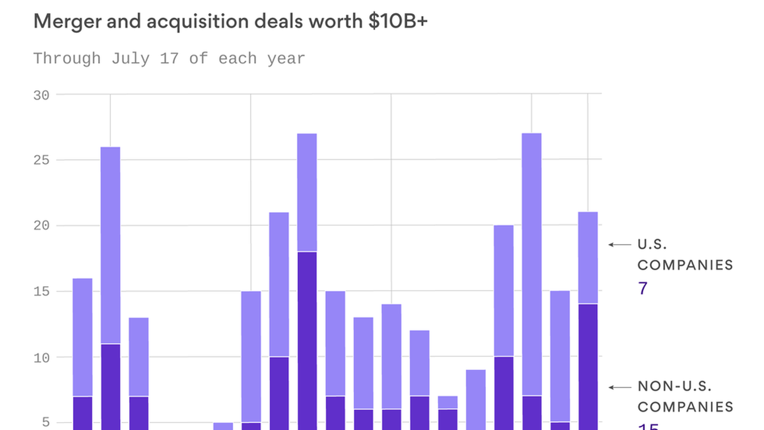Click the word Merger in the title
67,21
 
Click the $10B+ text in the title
398,21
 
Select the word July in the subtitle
130,59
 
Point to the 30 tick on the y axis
41,96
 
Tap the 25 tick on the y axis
41,160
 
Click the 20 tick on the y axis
41,225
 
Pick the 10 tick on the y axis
41,358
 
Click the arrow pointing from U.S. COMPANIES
620,244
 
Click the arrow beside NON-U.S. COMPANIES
620,387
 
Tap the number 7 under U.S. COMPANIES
643,288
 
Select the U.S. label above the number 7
652,244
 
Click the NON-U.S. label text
674,386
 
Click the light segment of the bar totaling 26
110,245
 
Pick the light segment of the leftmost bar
82,337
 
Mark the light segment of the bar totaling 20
504,291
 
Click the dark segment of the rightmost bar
588,366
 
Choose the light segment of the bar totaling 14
392,356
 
